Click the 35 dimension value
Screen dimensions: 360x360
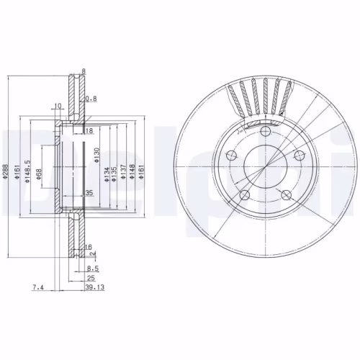click(89, 194)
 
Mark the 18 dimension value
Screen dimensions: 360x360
click(90, 131)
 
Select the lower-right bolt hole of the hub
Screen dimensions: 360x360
click(287, 193)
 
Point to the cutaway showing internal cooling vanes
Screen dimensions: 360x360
click(259, 101)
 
